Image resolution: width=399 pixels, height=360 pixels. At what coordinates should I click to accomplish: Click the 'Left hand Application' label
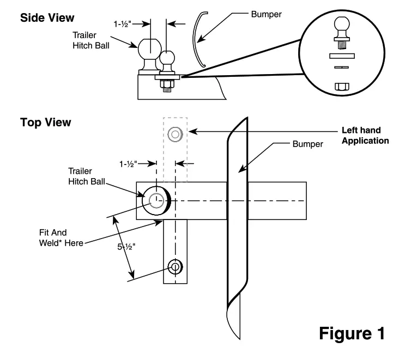click(365, 135)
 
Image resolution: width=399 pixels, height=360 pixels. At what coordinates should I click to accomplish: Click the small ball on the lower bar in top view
click(176, 267)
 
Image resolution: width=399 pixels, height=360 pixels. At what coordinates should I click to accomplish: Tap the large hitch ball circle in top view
click(156, 200)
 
